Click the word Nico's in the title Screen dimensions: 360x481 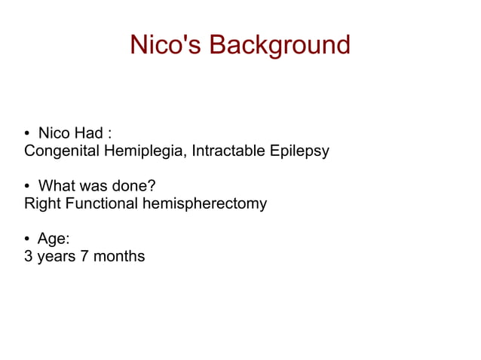click(166, 45)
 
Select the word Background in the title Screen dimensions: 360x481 click(280, 45)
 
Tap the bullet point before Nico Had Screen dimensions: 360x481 click(28, 135)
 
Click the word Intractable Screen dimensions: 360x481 click(227, 151)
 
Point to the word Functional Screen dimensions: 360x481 click(102, 203)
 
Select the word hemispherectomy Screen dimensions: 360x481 click(204, 204)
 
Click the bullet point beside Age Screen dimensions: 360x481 click(28, 239)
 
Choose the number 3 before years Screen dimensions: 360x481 click(29, 256)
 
